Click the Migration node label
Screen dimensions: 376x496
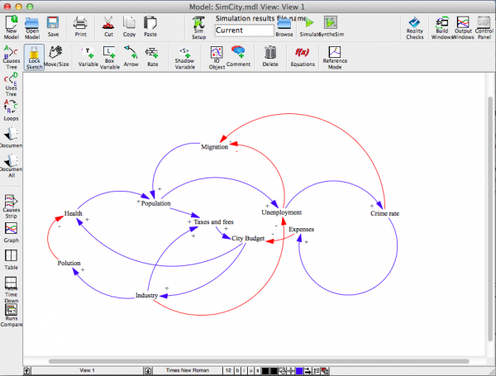[214, 147]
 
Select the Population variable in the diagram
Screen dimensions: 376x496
[155, 202]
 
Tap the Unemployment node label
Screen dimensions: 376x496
[282, 212]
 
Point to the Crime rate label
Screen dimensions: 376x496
[384, 214]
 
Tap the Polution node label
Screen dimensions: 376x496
[69, 264]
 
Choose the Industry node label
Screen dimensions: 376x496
[147, 295]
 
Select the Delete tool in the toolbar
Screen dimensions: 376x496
[270, 55]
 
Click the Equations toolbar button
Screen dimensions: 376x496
[302, 55]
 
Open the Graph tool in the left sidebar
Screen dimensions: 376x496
[12, 235]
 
